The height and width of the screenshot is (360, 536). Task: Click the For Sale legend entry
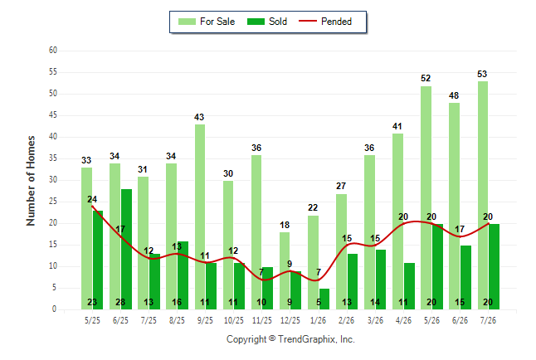tap(207, 22)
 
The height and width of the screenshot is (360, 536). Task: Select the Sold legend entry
tap(267, 22)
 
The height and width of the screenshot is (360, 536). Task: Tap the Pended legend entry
tap(325, 22)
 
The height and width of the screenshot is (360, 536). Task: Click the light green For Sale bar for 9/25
tap(200, 217)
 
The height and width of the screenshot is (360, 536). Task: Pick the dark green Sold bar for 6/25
tap(126, 249)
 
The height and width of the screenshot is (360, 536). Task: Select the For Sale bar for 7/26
tap(483, 196)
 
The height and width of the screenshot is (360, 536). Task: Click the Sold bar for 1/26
tap(324, 299)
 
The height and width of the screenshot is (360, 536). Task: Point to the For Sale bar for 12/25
tap(285, 271)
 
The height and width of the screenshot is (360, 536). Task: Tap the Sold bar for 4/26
tap(409, 286)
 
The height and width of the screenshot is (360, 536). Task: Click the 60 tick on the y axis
tap(53, 51)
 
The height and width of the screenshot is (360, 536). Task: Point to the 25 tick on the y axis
tap(53, 202)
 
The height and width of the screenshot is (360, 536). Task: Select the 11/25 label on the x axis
tap(262, 320)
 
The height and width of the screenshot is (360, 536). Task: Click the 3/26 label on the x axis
tap(375, 320)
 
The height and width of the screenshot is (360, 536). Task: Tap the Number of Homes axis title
tap(31, 181)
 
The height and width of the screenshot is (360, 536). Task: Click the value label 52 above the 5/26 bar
tap(426, 78)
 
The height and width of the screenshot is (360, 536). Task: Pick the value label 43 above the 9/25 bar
tap(199, 117)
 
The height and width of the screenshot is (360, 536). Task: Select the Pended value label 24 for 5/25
tap(92, 199)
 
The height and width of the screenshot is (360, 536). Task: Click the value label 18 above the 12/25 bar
tap(285, 225)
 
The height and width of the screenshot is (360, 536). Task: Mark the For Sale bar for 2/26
tap(341, 252)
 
